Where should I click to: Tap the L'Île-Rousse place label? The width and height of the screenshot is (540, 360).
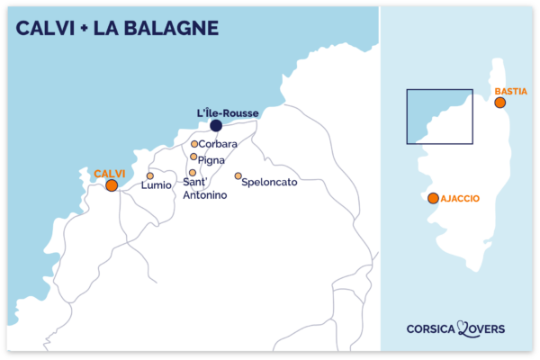point(228,112)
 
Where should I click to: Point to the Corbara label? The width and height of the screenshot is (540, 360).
point(219,144)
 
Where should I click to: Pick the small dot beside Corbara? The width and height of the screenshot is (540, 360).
point(194,144)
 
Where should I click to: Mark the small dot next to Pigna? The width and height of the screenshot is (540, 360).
point(193,157)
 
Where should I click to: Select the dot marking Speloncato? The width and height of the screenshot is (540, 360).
point(238,176)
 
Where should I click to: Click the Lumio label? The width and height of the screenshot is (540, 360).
point(157,185)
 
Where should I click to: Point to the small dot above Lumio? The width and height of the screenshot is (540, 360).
point(150,176)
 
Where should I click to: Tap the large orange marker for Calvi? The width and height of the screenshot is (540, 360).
point(111,185)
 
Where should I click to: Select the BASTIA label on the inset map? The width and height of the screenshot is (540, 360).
point(510,91)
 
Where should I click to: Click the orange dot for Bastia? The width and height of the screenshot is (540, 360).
point(500,103)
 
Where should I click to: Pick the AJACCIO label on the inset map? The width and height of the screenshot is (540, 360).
point(461,198)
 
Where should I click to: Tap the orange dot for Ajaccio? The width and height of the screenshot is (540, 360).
point(434,198)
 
